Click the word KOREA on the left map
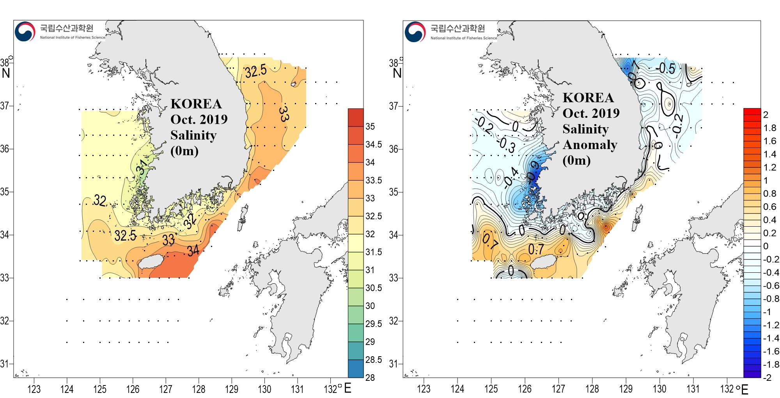(196, 104)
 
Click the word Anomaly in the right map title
(590, 145)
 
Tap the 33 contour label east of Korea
(284, 114)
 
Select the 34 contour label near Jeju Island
(193, 251)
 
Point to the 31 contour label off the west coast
(142, 167)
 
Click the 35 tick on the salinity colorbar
(370, 126)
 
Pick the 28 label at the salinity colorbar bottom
(370, 377)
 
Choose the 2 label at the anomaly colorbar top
(766, 115)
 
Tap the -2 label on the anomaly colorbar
(767, 377)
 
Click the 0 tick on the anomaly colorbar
(766, 246)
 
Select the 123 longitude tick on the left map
(34, 389)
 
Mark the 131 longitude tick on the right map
(693, 389)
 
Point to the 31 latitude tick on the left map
(5, 364)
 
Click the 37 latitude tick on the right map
(394, 106)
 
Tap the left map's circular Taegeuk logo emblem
(25, 32)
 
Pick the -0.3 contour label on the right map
(507, 145)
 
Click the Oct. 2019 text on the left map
(199, 119)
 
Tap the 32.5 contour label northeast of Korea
(256, 71)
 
